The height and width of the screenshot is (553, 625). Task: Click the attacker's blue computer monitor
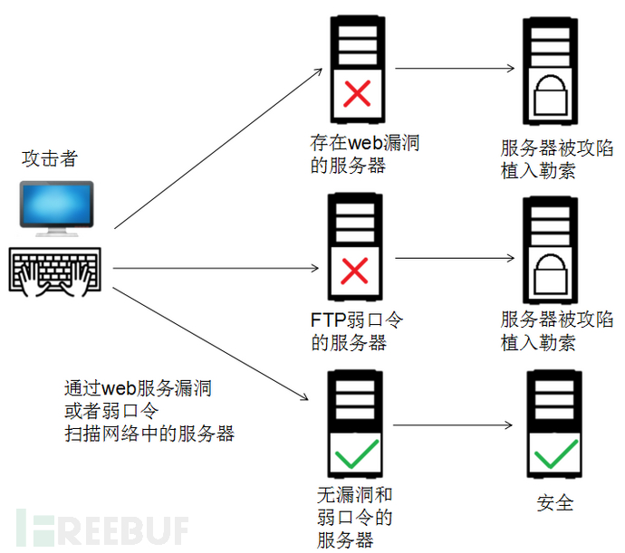pos(56,208)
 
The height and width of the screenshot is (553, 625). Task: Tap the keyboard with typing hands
pos(55,272)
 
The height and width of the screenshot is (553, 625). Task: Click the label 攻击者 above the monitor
pos(50,158)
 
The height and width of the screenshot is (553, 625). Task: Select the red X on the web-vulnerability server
pos(357,93)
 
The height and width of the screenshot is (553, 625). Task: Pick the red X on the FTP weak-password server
pos(354,271)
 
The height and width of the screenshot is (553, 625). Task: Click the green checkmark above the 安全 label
pos(555,453)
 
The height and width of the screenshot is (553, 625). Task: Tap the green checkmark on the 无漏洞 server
pos(357,453)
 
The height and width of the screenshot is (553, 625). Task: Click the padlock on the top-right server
pos(550,95)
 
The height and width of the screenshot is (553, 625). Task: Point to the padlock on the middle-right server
pos(550,274)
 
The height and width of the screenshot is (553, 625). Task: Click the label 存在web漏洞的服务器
pos(364,154)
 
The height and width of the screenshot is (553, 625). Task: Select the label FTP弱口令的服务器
pos(357,331)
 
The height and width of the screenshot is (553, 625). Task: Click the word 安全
pos(555,502)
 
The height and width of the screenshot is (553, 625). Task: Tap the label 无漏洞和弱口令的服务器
pos(355,518)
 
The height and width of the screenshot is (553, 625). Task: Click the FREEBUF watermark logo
pos(102,528)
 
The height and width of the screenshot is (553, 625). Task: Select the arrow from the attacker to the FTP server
pos(216,268)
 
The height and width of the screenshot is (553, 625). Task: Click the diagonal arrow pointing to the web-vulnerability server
pos(218,148)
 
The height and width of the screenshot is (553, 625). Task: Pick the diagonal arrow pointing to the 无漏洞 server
pos(210,343)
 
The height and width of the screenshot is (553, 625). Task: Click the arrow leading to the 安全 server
pos(452,425)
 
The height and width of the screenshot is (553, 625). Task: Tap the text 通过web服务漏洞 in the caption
pos(138,388)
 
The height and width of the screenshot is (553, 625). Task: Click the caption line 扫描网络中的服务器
pos(149,434)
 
